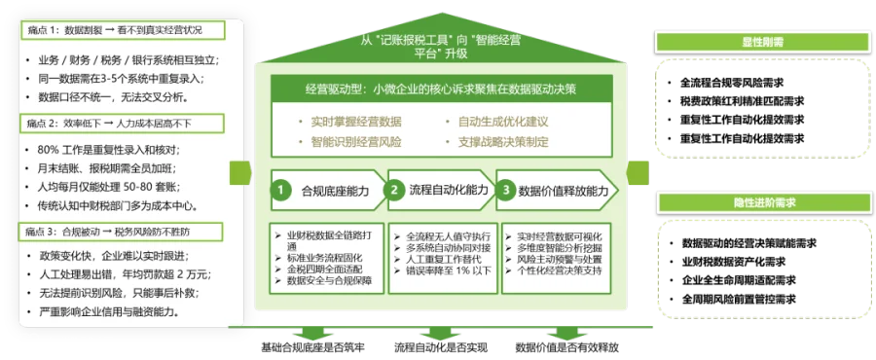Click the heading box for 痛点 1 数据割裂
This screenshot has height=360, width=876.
pos(123,30)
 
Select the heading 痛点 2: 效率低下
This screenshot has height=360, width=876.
pos(123,124)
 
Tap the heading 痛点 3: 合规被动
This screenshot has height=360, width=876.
pos(122,232)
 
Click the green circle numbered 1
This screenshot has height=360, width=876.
pos(281,191)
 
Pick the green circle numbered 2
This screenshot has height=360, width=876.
pos(394,191)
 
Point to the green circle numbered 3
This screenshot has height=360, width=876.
pos(506,191)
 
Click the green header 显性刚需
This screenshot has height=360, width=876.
pos(762,42)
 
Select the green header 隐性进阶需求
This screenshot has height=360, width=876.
pos(765,203)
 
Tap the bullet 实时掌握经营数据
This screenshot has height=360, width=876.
pos(350,122)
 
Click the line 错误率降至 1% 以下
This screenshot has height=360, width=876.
pos(443,270)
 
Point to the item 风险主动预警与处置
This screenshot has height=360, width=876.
pos(548,260)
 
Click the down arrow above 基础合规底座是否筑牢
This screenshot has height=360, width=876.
pos(311,333)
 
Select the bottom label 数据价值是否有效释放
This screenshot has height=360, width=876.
pos(567,347)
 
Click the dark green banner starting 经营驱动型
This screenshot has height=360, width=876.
pos(441,89)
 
